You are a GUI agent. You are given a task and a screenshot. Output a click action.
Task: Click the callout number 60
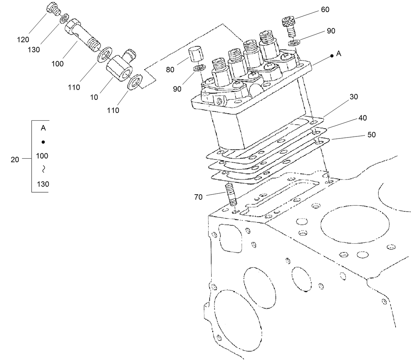[x=325, y=10]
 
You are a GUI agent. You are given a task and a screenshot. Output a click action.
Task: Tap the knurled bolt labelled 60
[x=289, y=25]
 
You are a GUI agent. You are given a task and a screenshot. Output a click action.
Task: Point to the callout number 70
[x=199, y=197]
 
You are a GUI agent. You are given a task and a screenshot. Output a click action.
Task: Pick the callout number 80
[x=170, y=70]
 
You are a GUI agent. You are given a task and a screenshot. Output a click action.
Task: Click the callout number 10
[x=94, y=97]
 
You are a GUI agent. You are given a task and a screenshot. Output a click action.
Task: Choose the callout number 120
[x=23, y=40]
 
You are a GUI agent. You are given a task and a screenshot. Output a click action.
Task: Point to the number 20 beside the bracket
[x=15, y=160]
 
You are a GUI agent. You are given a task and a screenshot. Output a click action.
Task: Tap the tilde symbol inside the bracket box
[x=43, y=170]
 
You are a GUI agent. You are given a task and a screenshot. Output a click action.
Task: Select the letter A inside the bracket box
[x=43, y=128]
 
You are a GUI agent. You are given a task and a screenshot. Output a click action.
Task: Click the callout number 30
[x=354, y=97]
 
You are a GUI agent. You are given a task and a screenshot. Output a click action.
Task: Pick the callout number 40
[x=362, y=118]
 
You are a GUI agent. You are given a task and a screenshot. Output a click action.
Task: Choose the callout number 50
[x=371, y=135]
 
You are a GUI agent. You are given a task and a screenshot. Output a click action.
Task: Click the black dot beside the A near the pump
[x=332, y=56]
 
